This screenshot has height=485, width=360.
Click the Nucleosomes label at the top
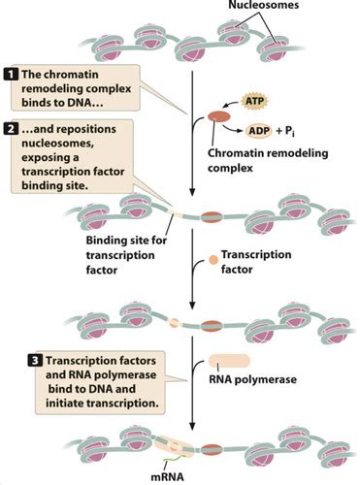(263, 5)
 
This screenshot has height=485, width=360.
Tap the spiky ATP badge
(255, 101)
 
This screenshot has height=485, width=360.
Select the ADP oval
(259, 131)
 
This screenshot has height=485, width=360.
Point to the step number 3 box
(35, 361)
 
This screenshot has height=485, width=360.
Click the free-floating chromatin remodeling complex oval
(218, 116)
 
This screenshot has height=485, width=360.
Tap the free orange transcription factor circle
(213, 260)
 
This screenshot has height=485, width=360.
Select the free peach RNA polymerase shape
(229, 361)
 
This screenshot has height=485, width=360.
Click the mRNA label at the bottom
(167, 477)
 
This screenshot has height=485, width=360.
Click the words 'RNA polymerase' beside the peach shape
(252, 379)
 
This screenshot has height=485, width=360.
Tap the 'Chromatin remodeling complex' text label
(268, 160)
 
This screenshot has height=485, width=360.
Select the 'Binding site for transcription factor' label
(126, 255)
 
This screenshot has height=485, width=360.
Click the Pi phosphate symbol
(289, 131)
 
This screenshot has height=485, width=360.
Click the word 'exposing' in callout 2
(50, 158)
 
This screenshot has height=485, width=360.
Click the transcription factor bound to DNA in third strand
(174, 323)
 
